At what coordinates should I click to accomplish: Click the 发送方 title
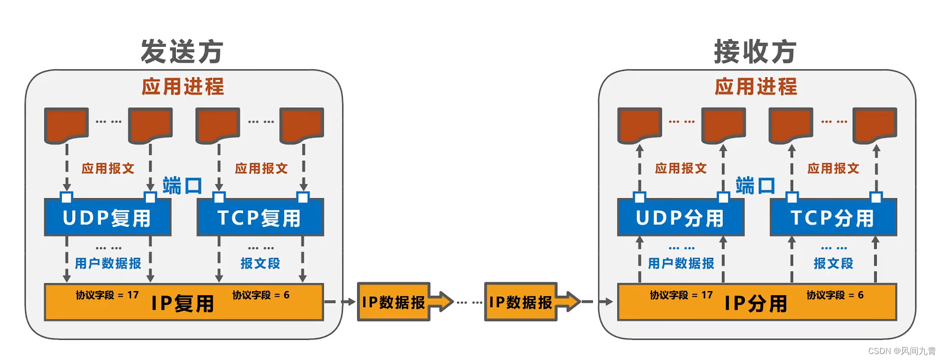point(182,52)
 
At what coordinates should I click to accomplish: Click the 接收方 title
point(755,52)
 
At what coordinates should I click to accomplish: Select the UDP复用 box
point(107,218)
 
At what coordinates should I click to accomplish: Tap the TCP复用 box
point(260,218)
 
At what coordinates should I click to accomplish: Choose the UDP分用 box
point(680,218)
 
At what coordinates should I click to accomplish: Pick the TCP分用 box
point(832,218)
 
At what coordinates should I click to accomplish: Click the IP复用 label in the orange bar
point(183,303)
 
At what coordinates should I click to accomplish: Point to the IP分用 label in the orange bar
point(756,303)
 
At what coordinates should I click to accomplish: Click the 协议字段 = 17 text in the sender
point(107,295)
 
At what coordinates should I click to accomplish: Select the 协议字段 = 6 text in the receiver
point(835,295)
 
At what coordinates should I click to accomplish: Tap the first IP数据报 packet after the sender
point(394,302)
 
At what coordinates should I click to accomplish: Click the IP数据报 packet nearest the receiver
point(521,302)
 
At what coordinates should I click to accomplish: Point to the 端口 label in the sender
point(182,186)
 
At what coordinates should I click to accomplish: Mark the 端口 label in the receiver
point(755,186)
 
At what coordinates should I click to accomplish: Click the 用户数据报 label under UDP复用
point(108,263)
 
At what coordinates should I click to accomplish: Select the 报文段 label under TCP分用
point(833,263)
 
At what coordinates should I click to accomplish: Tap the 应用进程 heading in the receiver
point(756,87)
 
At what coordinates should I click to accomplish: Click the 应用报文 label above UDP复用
point(108,168)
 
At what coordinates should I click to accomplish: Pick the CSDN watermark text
point(902,351)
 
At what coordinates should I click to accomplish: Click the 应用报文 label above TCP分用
point(833,168)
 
